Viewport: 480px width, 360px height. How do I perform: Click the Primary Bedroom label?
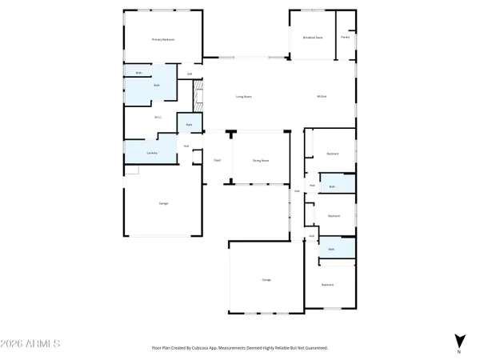(x=163, y=39)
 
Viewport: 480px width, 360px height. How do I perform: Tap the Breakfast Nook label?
(x=312, y=37)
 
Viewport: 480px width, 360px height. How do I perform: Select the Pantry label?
(x=345, y=37)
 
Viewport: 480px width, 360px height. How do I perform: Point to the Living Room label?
(x=244, y=97)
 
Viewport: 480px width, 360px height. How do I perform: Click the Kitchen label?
(x=322, y=97)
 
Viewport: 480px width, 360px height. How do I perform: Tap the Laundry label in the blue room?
(x=151, y=152)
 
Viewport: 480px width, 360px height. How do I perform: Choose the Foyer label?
(x=216, y=160)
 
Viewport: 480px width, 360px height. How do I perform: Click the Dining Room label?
(x=260, y=160)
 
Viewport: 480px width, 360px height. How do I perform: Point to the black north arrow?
(x=458, y=339)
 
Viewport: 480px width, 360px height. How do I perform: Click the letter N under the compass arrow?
(x=458, y=351)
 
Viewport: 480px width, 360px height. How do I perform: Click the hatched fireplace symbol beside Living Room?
(x=198, y=97)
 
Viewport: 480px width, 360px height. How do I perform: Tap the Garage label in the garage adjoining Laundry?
(x=163, y=203)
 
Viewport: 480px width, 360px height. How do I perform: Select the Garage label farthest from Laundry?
(x=266, y=279)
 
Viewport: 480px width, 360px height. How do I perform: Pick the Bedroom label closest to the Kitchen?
(x=332, y=154)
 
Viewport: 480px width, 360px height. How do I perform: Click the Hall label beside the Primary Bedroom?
(x=190, y=74)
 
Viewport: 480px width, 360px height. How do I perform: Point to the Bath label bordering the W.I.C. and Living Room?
(x=189, y=125)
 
